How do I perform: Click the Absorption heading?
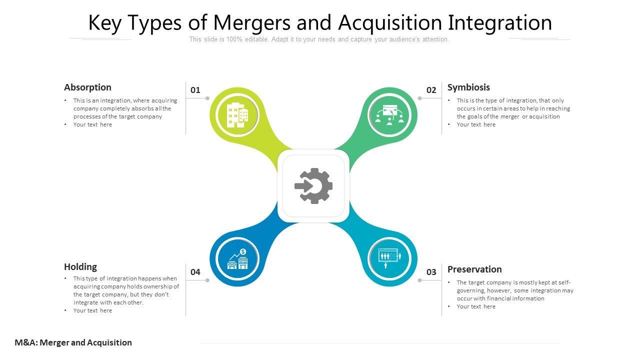[x=87, y=87]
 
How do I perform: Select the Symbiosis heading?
[x=468, y=87]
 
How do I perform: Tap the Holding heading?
[x=80, y=267]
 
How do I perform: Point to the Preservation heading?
[x=474, y=269]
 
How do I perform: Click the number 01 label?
[x=195, y=90]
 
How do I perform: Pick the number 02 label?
[x=431, y=90]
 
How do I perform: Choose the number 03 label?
[x=431, y=272]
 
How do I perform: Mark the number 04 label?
[x=195, y=272]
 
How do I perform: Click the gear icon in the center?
[x=313, y=186]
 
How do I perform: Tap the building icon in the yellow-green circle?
[x=237, y=115]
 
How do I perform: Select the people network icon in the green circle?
[x=389, y=115]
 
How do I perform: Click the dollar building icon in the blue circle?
[x=237, y=259]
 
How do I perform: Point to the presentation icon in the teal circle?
[x=389, y=258]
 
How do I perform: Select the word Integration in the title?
[x=499, y=23]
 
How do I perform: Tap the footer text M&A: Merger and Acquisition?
[x=73, y=342]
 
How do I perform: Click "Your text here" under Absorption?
[x=92, y=124]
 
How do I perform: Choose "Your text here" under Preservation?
[x=476, y=306]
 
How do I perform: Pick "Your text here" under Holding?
[x=92, y=310]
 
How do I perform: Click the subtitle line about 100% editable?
[x=319, y=39]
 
